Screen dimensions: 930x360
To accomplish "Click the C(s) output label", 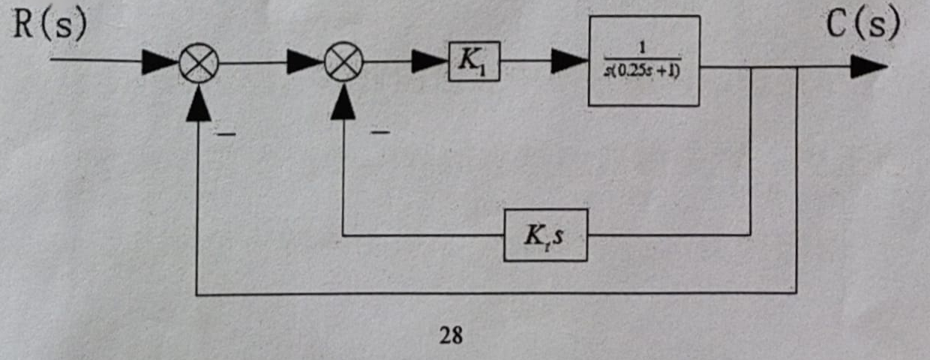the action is (x=862, y=23).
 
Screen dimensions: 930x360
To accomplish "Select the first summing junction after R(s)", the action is (x=199, y=63).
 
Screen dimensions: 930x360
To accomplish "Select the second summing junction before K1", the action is (x=343, y=61).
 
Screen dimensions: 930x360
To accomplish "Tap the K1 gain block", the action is (x=474, y=61).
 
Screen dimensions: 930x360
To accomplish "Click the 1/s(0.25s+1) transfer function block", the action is (x=644, y=61).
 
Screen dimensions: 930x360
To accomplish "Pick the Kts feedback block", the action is (x=545, y=235).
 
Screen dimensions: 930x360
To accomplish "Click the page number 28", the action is (x=451, y=335).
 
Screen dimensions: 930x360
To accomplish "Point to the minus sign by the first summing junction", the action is (x=226, y=134).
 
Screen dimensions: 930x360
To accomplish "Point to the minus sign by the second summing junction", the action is (x=380, y=133).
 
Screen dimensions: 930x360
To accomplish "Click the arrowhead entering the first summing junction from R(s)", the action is (x=160, y=63).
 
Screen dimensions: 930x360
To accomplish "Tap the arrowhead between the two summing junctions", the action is (x=305, y=61).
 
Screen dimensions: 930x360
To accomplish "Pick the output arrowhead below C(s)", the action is (x=868, y=67).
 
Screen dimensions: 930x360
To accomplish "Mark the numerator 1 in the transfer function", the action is (x=642, y=48).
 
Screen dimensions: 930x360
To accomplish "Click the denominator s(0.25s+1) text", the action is (x=642, y=71).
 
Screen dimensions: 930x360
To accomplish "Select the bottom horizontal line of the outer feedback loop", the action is (x=496, y=293).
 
